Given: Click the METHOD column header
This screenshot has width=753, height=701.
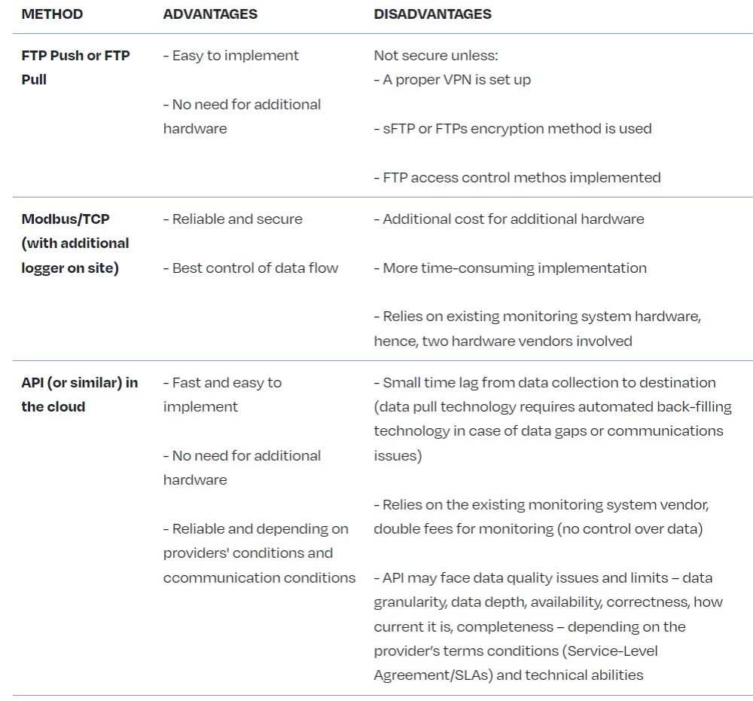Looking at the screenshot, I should point(52,14).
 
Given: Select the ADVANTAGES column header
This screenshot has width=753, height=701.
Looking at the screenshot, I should point(210,14).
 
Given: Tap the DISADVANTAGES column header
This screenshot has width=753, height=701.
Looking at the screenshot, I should point(432,14).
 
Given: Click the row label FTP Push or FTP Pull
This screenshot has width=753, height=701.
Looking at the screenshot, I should point(75,67).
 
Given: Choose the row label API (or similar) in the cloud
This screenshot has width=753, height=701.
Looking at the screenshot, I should point(79,394).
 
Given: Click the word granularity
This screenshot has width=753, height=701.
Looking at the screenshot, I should point(411,602).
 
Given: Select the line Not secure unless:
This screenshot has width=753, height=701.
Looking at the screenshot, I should point(436,55).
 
